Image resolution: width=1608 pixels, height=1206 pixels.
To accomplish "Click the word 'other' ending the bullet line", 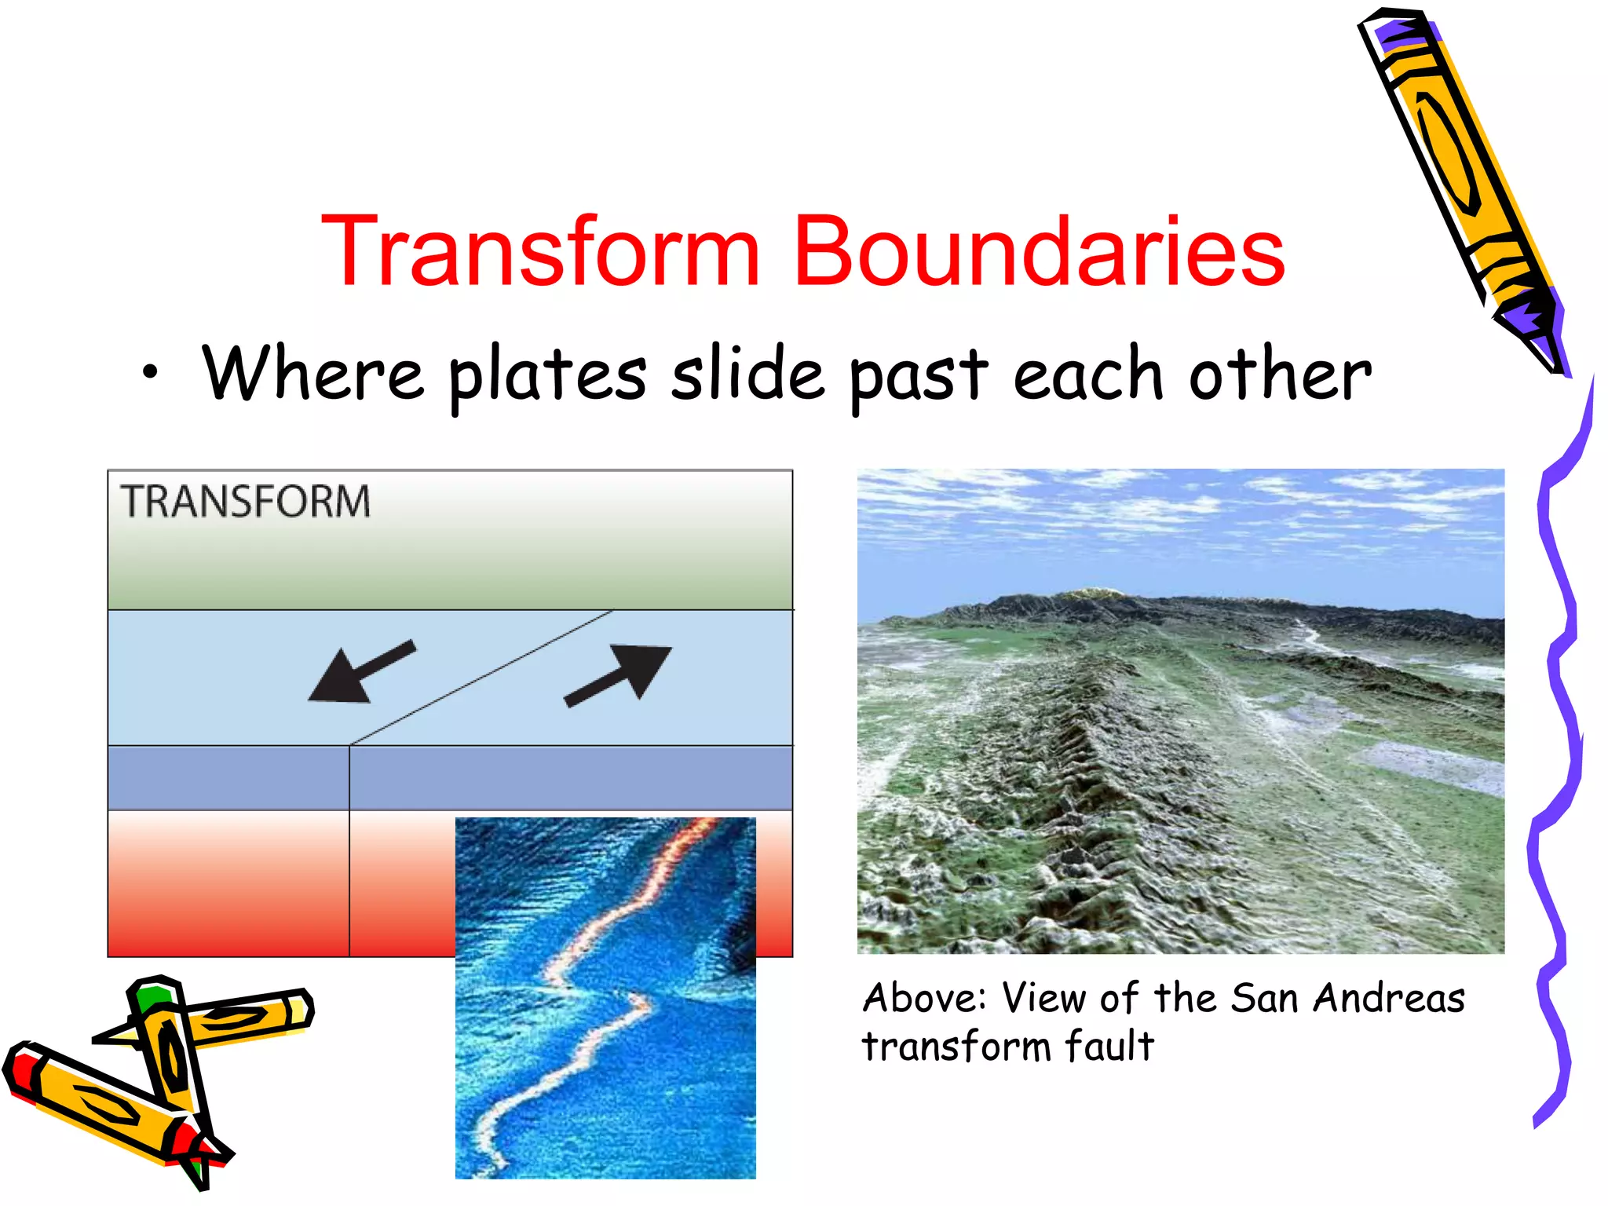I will [x=1279, y=375].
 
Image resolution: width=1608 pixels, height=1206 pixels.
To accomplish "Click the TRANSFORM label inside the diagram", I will [x=245, y=502].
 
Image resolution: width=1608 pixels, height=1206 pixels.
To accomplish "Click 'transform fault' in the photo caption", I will [x=1007, y=1047].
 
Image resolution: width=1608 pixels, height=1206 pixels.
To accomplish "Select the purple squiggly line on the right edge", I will [x=1559, y=746].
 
